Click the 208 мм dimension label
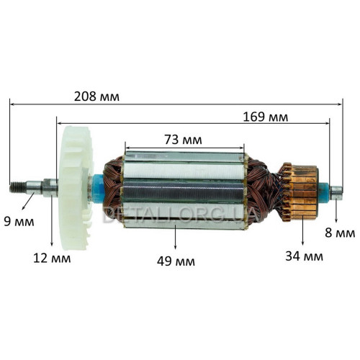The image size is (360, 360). pyautogui.click(x=96, y=96)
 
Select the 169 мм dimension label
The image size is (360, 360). pyautogui.click(x=266, y=117)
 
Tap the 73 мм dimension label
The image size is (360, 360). pyautogui.click(x=183, y=140)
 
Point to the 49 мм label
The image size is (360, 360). pyautogui.click(x=176, y=261)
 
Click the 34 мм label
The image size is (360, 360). pyautogui.click(x=304, y=256)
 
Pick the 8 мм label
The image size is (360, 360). pyautogui.click(x=340, y=233)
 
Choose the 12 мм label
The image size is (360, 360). pyautogui.click(x=52, y=258)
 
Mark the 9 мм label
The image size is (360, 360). pyautogui.click(x=19, y=222)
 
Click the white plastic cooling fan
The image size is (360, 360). pyautogui.click(x=76, y=188)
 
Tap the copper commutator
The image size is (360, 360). pyautogui.click(x=301, y=192)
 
